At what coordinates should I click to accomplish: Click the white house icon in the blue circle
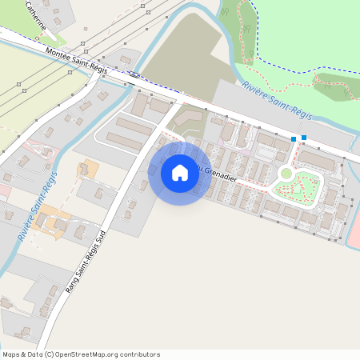point(180,172)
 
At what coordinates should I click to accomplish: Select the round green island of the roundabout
point(286,173)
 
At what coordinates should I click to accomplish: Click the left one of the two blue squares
point(294,140)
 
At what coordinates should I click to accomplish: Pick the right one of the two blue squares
point(304,138)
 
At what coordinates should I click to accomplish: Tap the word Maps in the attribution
point(11,354)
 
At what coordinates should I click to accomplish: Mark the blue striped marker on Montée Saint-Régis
point(134,76)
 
